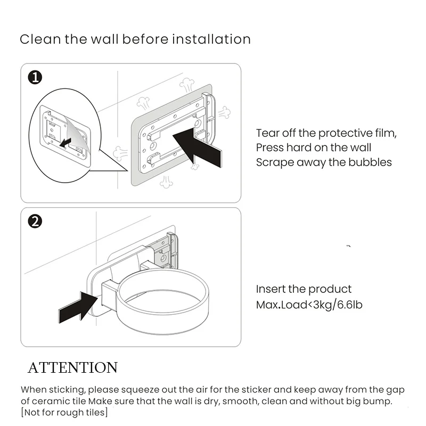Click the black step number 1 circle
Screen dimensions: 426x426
coord(35,77)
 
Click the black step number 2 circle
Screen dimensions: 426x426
coord(35,221)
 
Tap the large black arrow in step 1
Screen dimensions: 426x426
coord(197,147)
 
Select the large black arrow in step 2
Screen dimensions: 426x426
coord(78,307)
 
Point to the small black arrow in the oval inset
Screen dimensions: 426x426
coord(65,143)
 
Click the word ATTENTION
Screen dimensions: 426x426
coord(72,367)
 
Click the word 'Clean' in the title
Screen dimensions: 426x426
coord(40,39)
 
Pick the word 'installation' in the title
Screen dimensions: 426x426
coord(211,39)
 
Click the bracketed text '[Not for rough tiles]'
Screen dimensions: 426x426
coord(64,412)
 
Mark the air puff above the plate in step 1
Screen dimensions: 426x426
coord(187,85)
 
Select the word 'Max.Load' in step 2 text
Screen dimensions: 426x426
coord(282,305)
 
